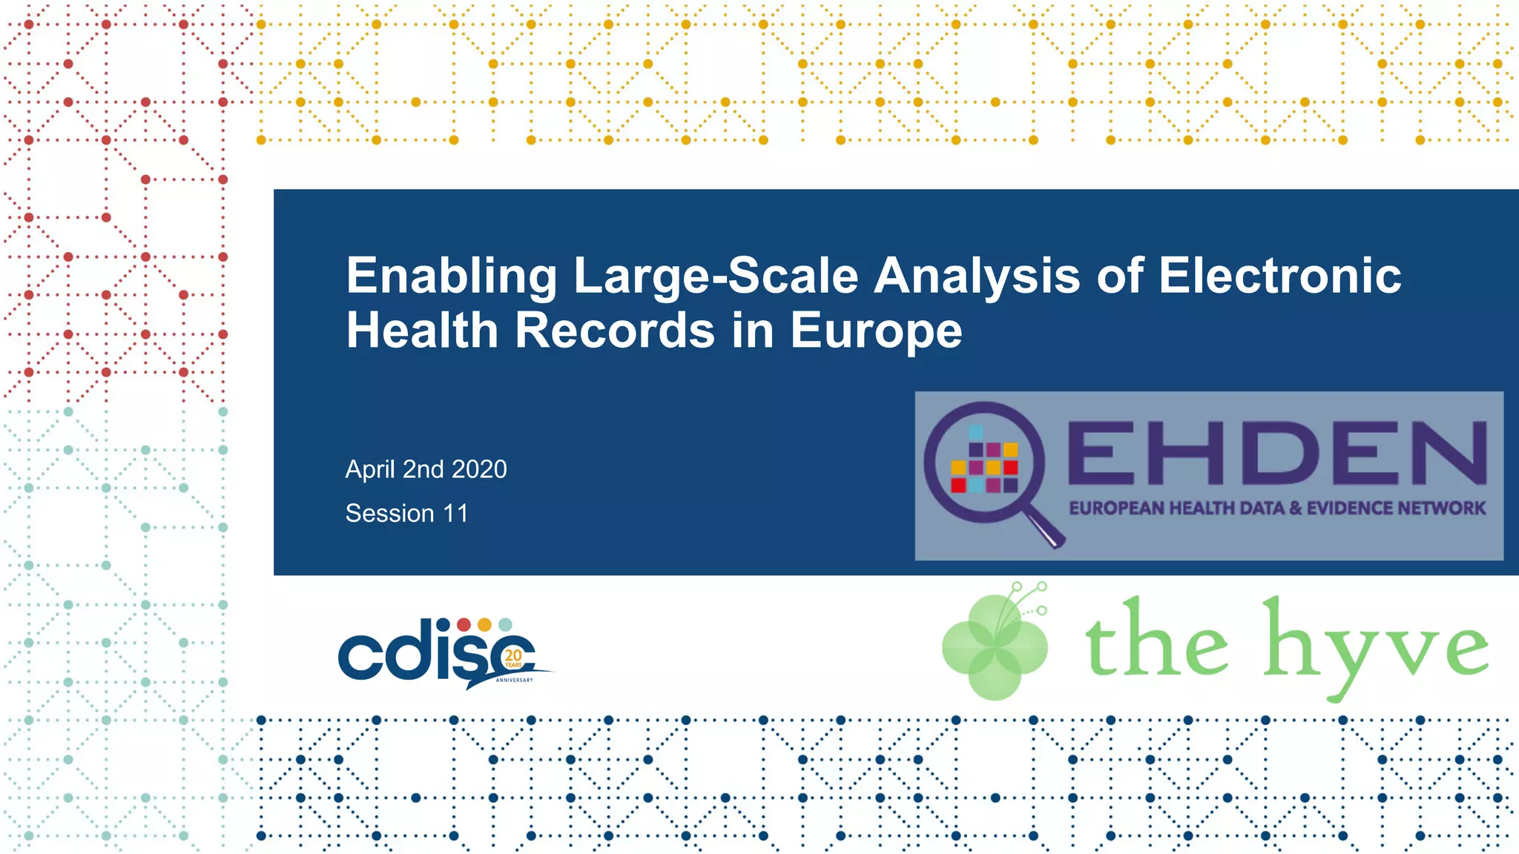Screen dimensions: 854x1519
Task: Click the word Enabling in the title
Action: (451, 277)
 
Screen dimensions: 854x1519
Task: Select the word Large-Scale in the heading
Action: (716, 277)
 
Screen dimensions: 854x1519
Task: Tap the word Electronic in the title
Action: (1279, 277)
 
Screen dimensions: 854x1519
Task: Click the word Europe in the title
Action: (876, 331)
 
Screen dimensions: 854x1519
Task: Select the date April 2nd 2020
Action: (426, 469)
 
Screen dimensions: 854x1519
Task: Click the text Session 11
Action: (406, 513)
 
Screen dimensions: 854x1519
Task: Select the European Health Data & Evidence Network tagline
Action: (1276, 509)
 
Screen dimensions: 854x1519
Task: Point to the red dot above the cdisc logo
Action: (464, 625)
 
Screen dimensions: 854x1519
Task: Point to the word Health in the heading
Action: (422, 331)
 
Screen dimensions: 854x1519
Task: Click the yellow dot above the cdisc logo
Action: (484, 625)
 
